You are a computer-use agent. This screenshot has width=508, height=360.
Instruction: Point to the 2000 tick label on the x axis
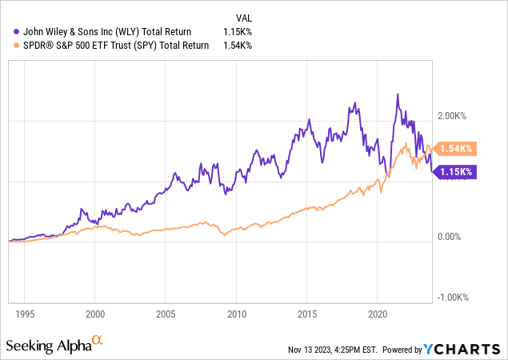click(95, 314)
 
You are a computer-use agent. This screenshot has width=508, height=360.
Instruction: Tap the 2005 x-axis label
click(166, 314)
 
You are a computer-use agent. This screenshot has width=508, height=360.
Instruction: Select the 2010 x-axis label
click(236, 314)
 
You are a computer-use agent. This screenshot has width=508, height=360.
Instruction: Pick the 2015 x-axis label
click(306, 314)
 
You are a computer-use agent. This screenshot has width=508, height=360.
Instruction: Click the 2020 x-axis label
click(377, 314)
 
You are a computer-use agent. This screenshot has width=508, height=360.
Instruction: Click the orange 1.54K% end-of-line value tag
click(458, 148)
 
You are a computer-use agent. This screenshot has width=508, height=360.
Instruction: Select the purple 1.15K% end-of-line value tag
click(457, 171)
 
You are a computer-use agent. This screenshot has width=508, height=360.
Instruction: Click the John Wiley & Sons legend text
click(103, 31)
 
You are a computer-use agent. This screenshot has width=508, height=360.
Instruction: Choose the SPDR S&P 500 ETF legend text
click(112, 46)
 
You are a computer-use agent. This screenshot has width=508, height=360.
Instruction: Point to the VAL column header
click(246, 17)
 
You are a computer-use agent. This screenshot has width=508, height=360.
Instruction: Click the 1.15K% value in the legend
click(238, 31)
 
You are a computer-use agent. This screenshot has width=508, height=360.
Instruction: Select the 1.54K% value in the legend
click(238, 46)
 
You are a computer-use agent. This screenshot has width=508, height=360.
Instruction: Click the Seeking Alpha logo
click(54, 346)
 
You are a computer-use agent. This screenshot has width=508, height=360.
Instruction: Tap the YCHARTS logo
click(465, 349)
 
